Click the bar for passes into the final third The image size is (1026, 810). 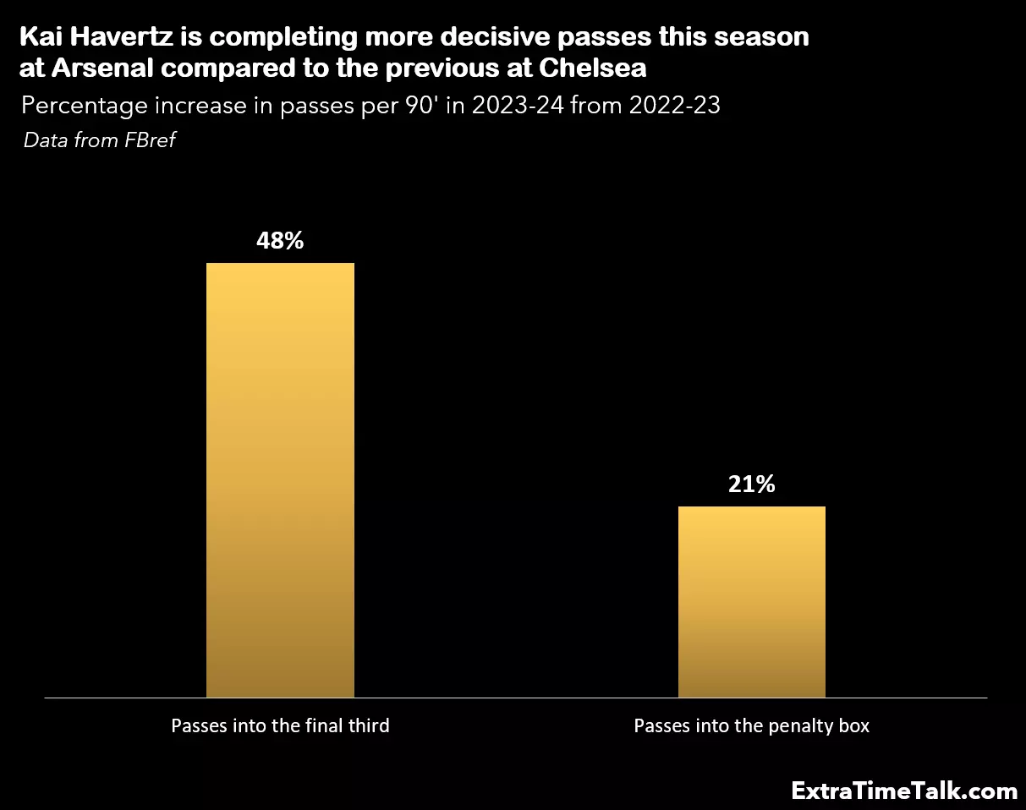click(x=280, y=479)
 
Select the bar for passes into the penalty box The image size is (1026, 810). click(x=751, y=601)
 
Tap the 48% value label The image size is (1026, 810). click(x=280, y=241)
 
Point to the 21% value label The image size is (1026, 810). click(x=751, y=484)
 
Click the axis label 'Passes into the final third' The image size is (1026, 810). click(x=280, y=725)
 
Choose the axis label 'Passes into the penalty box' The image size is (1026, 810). click(x=751, y=725)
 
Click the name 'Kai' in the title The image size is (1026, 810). click(x=39, y=37)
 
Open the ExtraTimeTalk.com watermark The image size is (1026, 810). click(x=904, y=791)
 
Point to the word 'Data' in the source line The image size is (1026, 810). click(x=45, y=140)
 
